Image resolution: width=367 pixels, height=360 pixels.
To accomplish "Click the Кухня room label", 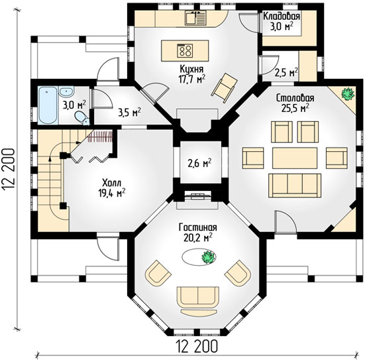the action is (191, 69).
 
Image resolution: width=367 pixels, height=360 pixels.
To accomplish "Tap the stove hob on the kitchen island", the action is (185, 50).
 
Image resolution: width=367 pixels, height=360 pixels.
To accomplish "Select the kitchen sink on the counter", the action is (196, 18).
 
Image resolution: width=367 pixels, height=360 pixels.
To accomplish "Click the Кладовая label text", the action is (282, 17).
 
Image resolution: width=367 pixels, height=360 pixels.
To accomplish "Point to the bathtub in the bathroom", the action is (48, 105).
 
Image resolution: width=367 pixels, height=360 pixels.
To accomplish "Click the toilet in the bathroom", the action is (82, 118).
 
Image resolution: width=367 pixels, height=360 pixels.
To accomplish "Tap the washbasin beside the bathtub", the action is (66, 91).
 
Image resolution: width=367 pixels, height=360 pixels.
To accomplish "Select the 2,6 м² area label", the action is (200, 163).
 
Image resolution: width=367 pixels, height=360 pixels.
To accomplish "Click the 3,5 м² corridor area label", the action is (129, 113).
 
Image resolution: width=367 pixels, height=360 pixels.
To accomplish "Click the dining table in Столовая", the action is (295, 158).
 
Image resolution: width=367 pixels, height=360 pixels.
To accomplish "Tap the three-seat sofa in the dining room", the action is (295, 185).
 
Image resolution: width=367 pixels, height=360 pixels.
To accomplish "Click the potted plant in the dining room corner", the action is (347, 94).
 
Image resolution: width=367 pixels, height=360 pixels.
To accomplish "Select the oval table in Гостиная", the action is (199, 257).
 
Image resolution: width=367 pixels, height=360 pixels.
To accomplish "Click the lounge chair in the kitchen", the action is (224, 88).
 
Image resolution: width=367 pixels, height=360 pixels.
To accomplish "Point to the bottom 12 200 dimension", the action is (197, 346).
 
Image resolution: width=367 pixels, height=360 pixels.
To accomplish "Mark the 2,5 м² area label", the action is (286, 73).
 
